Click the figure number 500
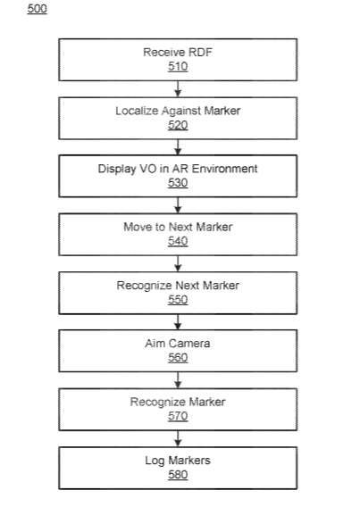(x=38, y=9)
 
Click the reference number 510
(x=178, y=67)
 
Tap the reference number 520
(x=178, y=125)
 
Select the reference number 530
(x=178, y=183)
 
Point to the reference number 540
(x=178, y=241)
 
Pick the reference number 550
(x=178, y=300)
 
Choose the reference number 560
(x=178, y=358)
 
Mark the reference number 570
(x=178, y=416)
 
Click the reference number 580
(x=178, y=475)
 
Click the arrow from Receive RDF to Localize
(x=178, y=89)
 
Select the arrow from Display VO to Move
(x=178, y=205)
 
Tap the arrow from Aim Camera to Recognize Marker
(x=178, y=380)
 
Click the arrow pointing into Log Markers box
(x=178, y=439)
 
